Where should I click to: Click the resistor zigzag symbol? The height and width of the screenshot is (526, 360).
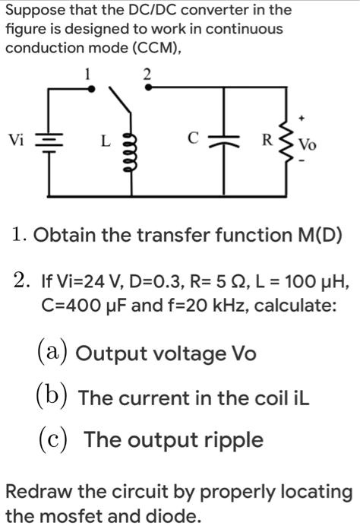(x=286, y=141)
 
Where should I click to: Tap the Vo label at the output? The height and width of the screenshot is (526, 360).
(x=308, y=144)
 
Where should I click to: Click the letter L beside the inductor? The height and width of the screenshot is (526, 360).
(x=106, y=141)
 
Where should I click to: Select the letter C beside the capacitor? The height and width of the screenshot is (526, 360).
(x=194, y=138)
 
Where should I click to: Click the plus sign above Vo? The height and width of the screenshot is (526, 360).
(x=303, y=119)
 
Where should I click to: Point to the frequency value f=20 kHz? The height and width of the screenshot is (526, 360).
(x=194, y=309)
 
